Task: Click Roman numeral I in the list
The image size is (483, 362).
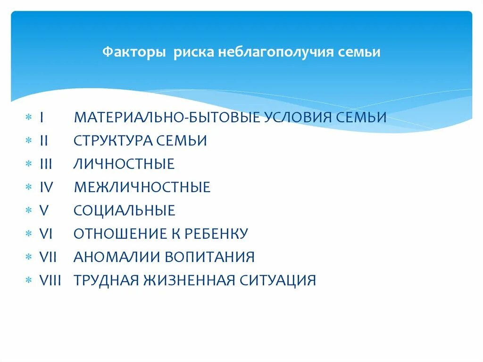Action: pyautogui.click(x=42, y=117)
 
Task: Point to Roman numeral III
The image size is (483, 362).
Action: pyautogui.click(x=46, y=164)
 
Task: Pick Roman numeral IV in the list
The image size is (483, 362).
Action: pyautogui.click(x=47, y=187)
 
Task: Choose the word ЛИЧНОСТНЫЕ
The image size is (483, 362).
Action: pyautogui.click(x=124, y=164)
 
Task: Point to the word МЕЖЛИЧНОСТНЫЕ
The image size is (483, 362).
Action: pyautogui.click(x=142, y=187)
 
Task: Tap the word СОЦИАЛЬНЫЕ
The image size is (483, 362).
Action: pyautogui.click(x=125, y=210)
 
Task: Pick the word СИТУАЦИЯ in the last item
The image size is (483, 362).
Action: pyautogui.click(x=279, y=280)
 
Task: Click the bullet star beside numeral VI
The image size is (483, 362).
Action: pyautogui.click(x=29, y=234)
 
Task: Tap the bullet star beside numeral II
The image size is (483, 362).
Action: pyautogui.click(x=29, y=140)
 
